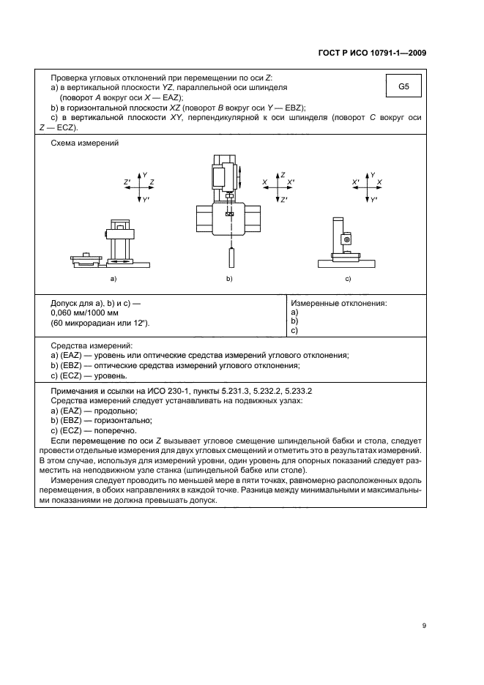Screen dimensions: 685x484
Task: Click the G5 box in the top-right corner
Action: click(403, 87)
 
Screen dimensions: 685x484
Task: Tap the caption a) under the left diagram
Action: click(113, 280)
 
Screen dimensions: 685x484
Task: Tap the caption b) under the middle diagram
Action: click(229, 280)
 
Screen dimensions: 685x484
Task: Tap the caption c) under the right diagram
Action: click(348, 280)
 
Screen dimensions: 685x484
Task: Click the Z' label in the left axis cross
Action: click(127, 181)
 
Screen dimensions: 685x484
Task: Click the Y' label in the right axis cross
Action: click(374, 200)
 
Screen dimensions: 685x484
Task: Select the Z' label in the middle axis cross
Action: click(283, 200)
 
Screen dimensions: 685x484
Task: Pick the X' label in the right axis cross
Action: click(355, 181)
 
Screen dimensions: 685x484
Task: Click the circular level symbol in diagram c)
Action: click(347, 238)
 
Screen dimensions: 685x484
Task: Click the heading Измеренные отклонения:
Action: click(339, 302)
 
